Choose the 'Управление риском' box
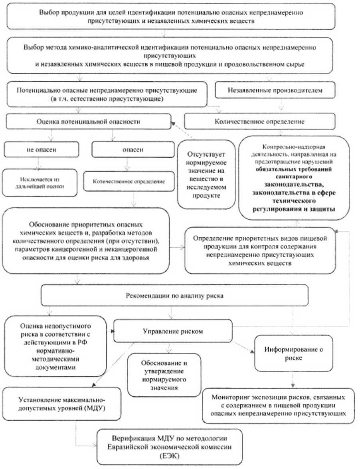tap(173, 331)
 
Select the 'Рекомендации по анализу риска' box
tap(175, 296)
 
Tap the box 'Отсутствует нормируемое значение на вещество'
tap(206, 173)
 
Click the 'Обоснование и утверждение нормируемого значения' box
tap(164, 375)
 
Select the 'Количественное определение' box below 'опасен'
tap(128, 181)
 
